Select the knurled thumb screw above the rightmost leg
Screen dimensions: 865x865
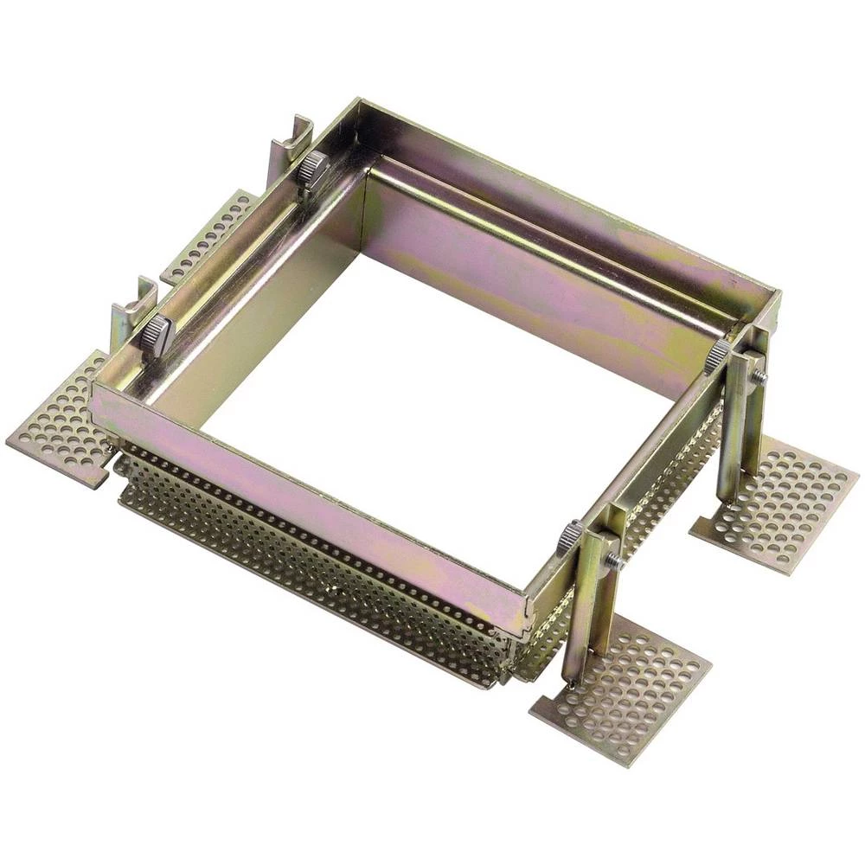(717, 354)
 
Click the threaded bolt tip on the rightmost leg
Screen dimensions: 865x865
(759, 375)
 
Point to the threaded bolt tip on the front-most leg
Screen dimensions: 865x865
(613, 561)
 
